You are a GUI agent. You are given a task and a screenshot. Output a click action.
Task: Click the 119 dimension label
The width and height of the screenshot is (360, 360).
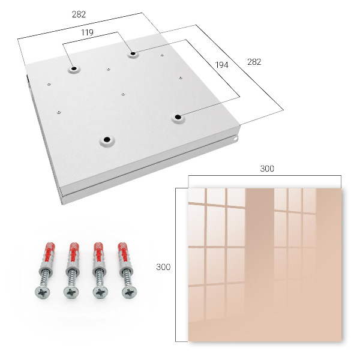point(87,32)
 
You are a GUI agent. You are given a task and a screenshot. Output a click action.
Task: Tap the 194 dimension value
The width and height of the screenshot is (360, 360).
point(222,65)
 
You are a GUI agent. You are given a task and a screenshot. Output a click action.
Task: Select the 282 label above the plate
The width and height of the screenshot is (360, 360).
point(79,14)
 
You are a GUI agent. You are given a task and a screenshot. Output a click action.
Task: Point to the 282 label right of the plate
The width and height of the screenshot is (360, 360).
point(254,62)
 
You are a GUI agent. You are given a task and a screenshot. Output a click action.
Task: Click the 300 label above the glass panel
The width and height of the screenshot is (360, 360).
point(267,169)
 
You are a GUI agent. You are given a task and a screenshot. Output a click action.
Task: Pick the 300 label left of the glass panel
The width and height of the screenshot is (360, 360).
point(163,267)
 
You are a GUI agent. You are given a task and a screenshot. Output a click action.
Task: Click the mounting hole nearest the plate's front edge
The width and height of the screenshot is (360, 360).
point(107,139)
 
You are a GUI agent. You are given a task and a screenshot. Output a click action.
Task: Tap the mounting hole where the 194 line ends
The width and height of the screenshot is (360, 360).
point(178,118)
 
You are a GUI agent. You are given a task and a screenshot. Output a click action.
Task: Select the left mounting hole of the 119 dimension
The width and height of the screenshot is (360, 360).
point(74,68)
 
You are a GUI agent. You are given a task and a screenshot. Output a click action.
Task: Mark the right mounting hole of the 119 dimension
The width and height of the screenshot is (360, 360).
point(133,54)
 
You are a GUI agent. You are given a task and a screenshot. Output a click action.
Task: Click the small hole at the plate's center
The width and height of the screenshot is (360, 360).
point(123,94)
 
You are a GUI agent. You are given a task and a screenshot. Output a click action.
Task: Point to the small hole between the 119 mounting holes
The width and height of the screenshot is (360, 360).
point(109,68)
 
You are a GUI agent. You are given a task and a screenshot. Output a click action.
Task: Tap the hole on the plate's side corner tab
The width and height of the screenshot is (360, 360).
point(235,139)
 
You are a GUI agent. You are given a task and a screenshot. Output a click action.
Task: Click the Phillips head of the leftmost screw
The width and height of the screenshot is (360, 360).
point(43,292)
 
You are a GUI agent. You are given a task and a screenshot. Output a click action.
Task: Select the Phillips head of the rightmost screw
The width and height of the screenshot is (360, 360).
point(130,292)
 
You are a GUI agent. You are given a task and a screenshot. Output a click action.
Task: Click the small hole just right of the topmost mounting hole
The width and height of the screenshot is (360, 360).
point(162,55)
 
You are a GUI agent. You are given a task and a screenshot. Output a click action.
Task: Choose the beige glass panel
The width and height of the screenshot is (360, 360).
point(265,265)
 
